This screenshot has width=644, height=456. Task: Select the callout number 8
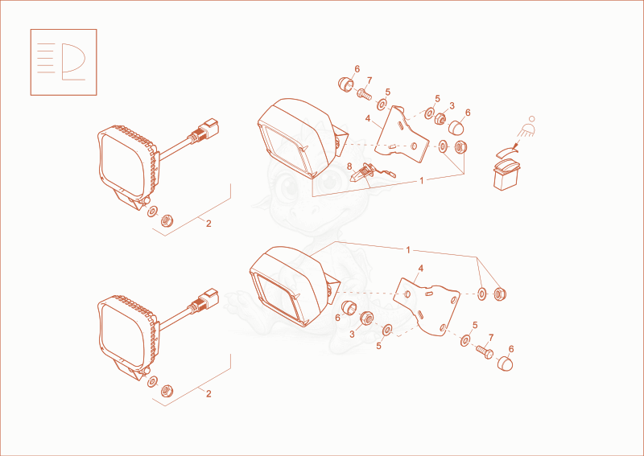click(x=349, y=166)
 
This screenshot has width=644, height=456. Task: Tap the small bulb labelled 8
click(x=372, y=174)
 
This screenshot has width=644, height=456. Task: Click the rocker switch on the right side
click(x=507, y=175)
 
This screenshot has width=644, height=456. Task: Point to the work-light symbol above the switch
click(x=527, y=127)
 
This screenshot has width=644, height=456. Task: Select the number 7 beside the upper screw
click(x=369, y=80)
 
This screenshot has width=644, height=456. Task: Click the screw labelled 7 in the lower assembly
click(x=485, y=351)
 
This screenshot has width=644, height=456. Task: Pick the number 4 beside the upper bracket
click(x=368, y=118)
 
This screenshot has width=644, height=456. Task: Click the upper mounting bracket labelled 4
click(x=402, y=134)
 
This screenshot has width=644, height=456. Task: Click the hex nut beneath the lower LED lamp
click(x=167, y=391)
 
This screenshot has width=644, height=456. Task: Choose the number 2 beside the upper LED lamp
click(x=208, y=224)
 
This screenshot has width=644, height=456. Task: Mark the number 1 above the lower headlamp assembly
click(x=408, y=250)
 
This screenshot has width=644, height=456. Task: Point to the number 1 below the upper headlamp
click(x=421, y=180)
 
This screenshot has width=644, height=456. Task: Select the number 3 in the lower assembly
click(x=352, y=335)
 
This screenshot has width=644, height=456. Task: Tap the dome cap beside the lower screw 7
click(x=505, y=364)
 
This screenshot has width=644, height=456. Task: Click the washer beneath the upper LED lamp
click(x=152, y=212)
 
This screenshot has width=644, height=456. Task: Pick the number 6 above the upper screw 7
click(x=357, y=69)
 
